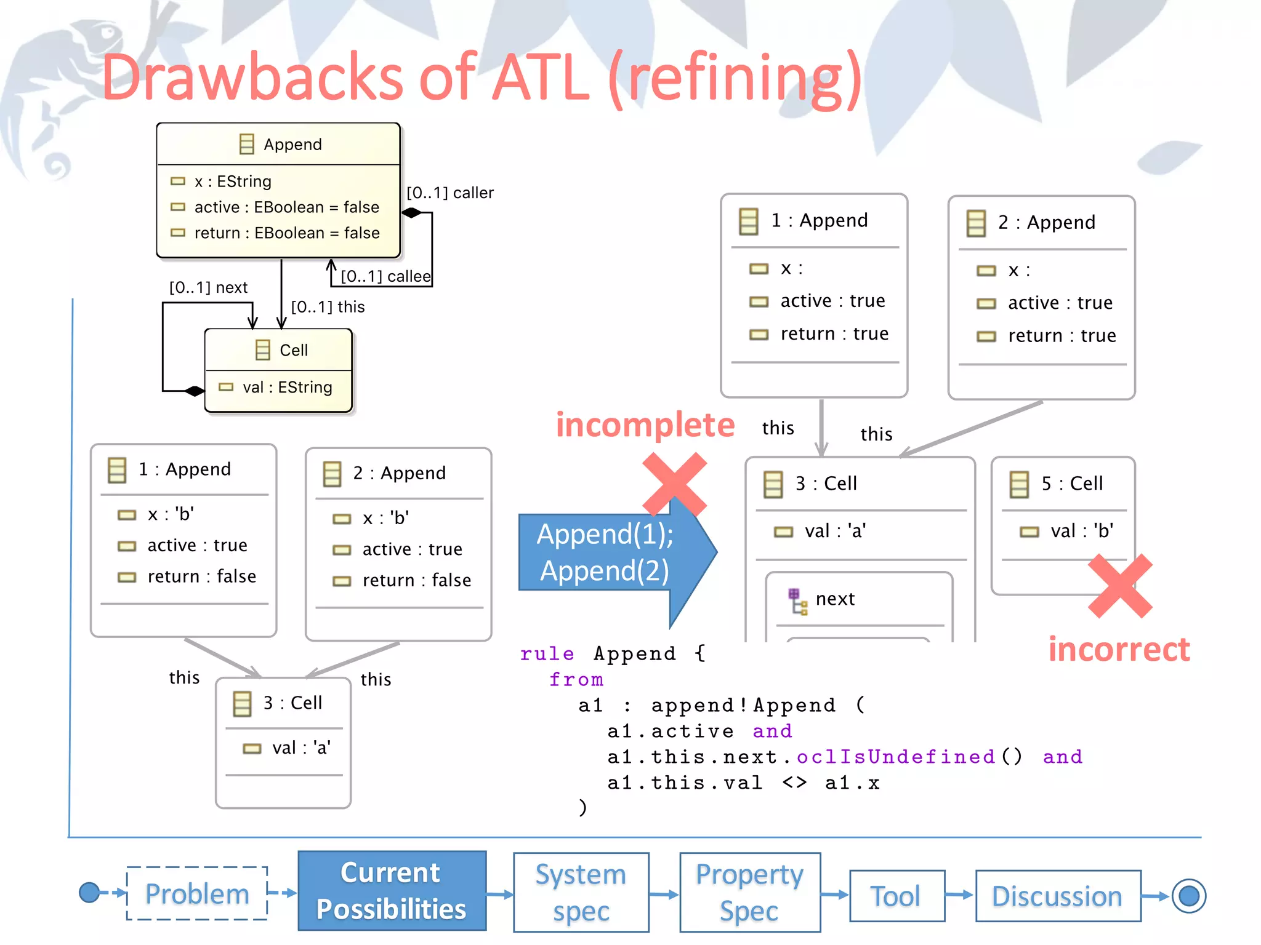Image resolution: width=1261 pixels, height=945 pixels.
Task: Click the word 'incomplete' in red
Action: (645, 425)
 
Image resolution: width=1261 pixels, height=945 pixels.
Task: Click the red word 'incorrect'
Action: (1119, 650)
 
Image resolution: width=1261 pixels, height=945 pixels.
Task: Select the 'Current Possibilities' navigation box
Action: (392, 890)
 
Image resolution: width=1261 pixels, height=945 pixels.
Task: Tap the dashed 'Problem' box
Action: (197, 893)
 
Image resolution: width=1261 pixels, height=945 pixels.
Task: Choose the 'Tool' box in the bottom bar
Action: (896, 896)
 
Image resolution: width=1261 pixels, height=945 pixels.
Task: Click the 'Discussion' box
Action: (1057, 896)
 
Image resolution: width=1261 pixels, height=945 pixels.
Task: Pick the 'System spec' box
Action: (581, 891)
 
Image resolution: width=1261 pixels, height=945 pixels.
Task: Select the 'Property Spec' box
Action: (749, 891)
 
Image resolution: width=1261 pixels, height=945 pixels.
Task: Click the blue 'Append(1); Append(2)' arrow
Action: (606, 552)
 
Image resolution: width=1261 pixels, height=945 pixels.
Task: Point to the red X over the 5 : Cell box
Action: (1120, 586)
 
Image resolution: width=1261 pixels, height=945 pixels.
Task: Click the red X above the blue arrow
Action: (674, 484)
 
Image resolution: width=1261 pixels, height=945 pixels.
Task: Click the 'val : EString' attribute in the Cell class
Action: (287, 387)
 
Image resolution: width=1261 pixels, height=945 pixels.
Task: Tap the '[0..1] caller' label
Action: (450, 193)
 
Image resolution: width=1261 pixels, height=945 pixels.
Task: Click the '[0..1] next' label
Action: (208, 287)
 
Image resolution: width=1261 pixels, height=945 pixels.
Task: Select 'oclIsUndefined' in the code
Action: (895, 756)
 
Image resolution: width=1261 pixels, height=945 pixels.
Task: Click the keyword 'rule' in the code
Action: (547, 653)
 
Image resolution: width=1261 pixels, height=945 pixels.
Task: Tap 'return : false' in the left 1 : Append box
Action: (201, 576)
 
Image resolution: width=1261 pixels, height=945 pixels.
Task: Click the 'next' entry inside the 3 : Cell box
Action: (834, 599)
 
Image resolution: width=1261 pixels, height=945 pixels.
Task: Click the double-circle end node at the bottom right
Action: (1188, 896)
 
